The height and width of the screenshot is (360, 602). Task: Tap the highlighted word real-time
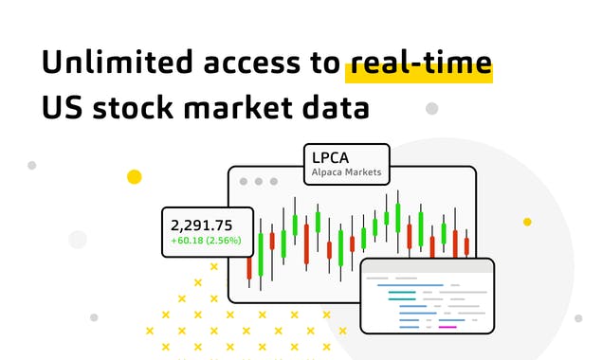[x=418, y=63]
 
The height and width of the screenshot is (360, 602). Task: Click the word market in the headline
[x=251, y=108]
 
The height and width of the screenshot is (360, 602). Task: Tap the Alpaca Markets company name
[x=346, y=173]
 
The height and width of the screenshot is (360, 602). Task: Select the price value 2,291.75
[x=201, y=225]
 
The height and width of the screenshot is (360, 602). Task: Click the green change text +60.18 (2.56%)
[x=206, y=241]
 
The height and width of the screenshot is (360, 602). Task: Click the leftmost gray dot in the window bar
[x=244, y=180]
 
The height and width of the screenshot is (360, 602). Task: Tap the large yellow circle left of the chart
[x=135, y=177]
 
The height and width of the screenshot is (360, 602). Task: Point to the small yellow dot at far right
[x=527, y=222]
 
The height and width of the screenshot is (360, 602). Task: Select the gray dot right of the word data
[x=431, y=109]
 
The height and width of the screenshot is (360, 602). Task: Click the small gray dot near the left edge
[x=31, y=165]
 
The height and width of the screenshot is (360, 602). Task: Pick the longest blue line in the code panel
[x=410, y=284]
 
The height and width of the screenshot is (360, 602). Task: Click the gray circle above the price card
[x=78, y=239]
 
